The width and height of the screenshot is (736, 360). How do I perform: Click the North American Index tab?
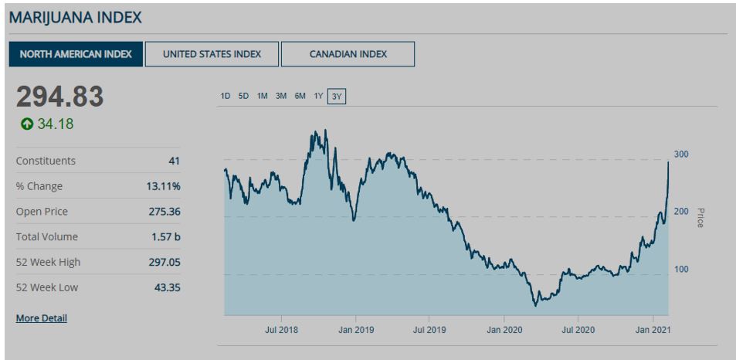point(76,54)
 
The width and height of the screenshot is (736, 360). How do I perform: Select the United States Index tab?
point(212,54)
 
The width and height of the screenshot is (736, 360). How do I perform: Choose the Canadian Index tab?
point(348,54)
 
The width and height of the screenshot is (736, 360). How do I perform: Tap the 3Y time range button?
point(337,97)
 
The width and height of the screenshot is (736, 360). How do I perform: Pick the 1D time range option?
point(226,97)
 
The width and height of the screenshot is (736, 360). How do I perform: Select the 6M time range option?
point(300,97)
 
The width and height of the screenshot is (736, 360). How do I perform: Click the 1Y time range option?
point(318,97)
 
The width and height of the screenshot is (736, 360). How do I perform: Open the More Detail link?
point(41,318)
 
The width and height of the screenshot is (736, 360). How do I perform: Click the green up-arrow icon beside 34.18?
point(27,124)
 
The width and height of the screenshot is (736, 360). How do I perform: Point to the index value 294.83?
point(60,97)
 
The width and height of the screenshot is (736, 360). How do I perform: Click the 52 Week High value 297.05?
point(164,262)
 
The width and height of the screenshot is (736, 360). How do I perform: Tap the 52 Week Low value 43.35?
point(167,287)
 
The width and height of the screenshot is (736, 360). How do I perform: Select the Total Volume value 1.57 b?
point(166,236)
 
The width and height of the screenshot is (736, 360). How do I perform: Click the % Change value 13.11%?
point(163,186)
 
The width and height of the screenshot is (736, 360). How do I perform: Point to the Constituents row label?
point(46,161)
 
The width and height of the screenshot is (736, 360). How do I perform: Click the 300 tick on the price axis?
point(680,155)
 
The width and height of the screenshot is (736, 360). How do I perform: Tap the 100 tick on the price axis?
point(680,270)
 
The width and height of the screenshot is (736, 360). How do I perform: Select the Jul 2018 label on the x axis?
point(281,330)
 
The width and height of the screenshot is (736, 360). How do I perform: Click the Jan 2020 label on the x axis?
point(504,330)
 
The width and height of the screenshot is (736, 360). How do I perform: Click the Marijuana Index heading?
point(75,16)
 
